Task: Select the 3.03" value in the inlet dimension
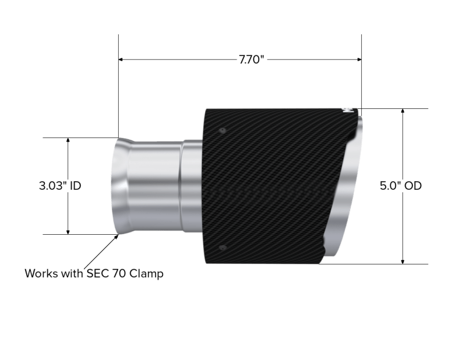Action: point(51,186)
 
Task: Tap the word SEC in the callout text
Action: point(104,273)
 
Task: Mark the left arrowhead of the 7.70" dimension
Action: point(122,59)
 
